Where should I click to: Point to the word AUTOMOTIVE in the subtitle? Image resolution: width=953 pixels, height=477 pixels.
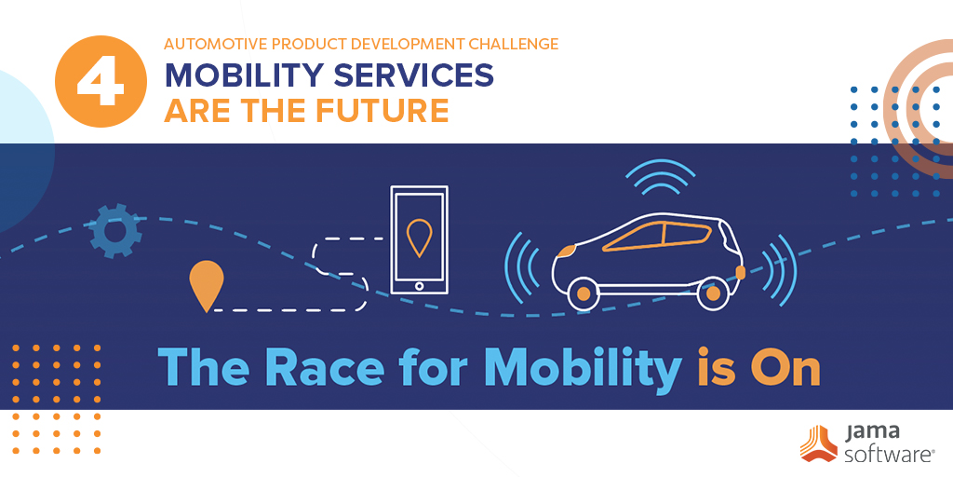click(x=215, y=43)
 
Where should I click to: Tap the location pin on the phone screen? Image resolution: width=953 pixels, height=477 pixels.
click(x=420, y=237)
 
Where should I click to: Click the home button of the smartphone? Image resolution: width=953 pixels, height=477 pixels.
click(x=420, y=286)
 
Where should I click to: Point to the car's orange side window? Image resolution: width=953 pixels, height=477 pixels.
click(x=651, y=238)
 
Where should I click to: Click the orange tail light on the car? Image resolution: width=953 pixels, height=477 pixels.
click(x=742, y=272)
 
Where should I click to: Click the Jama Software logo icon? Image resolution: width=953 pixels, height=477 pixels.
click(x=818, y=442)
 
